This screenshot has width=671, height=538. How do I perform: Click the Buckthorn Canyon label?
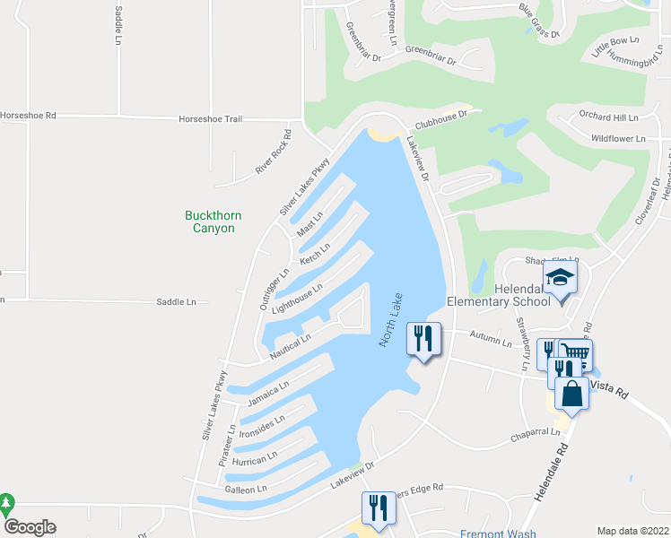pos(209,221)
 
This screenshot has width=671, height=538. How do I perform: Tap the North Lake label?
pos(390,321)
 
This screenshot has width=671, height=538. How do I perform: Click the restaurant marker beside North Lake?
pos(423,339)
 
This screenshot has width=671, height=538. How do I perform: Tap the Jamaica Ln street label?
pos(268,393)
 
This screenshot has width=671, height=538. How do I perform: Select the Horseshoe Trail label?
pos(211,118)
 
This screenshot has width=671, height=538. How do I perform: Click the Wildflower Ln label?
pos(618,139)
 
